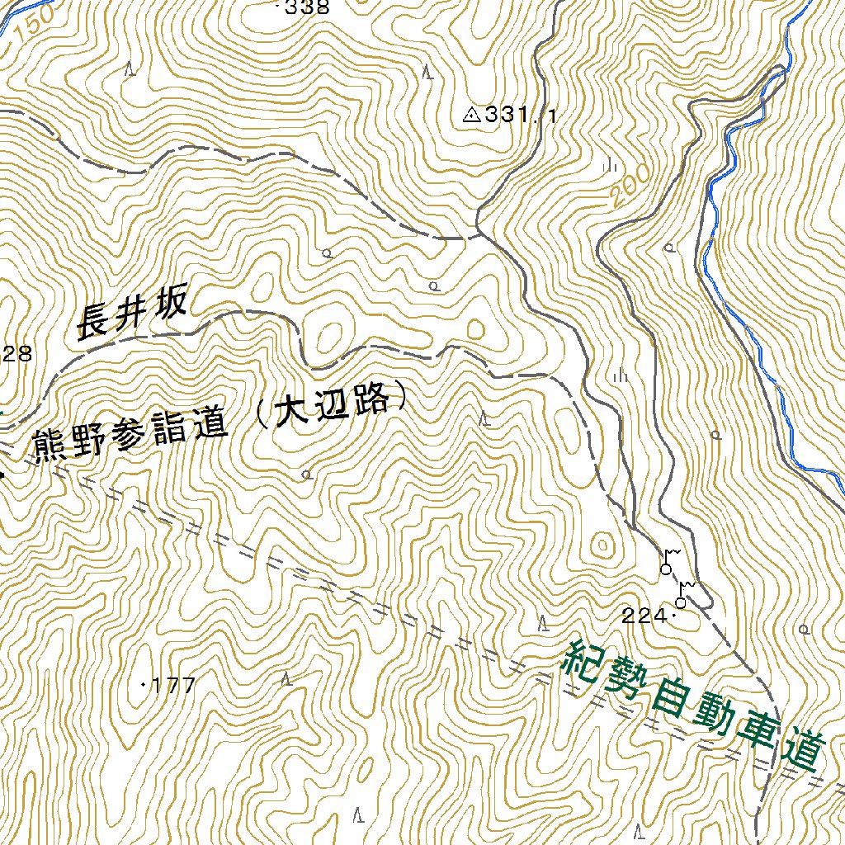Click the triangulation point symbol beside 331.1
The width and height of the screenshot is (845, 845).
click(472, 115)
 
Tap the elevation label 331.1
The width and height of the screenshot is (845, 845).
click(520, 115)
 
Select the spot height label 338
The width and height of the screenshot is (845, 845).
click(307, 8)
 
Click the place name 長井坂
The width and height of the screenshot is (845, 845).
click(132, 314)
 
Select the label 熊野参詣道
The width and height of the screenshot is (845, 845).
click(129, 437)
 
